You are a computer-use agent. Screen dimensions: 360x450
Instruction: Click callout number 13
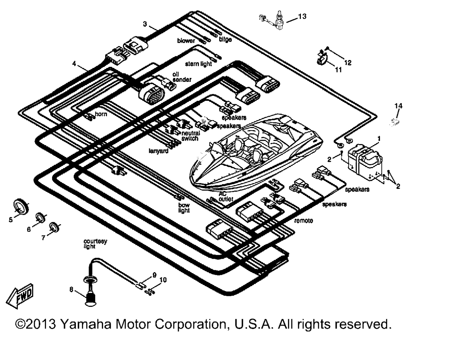pos(302,16)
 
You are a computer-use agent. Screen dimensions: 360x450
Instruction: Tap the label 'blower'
pos(186,41)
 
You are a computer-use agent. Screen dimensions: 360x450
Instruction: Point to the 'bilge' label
pos(225,39)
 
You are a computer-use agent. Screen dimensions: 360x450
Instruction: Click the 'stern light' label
pos(199,64)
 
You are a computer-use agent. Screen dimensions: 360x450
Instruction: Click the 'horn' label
pos(101,114)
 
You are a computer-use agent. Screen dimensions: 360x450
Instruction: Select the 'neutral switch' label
pos(191,136)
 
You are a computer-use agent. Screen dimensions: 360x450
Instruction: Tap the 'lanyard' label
pos(158,151)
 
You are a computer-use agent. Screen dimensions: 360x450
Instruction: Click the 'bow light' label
pos(184,208)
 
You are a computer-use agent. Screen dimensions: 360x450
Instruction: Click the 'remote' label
pos(303,220)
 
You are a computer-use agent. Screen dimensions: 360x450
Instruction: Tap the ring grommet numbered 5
pos(21,206)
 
